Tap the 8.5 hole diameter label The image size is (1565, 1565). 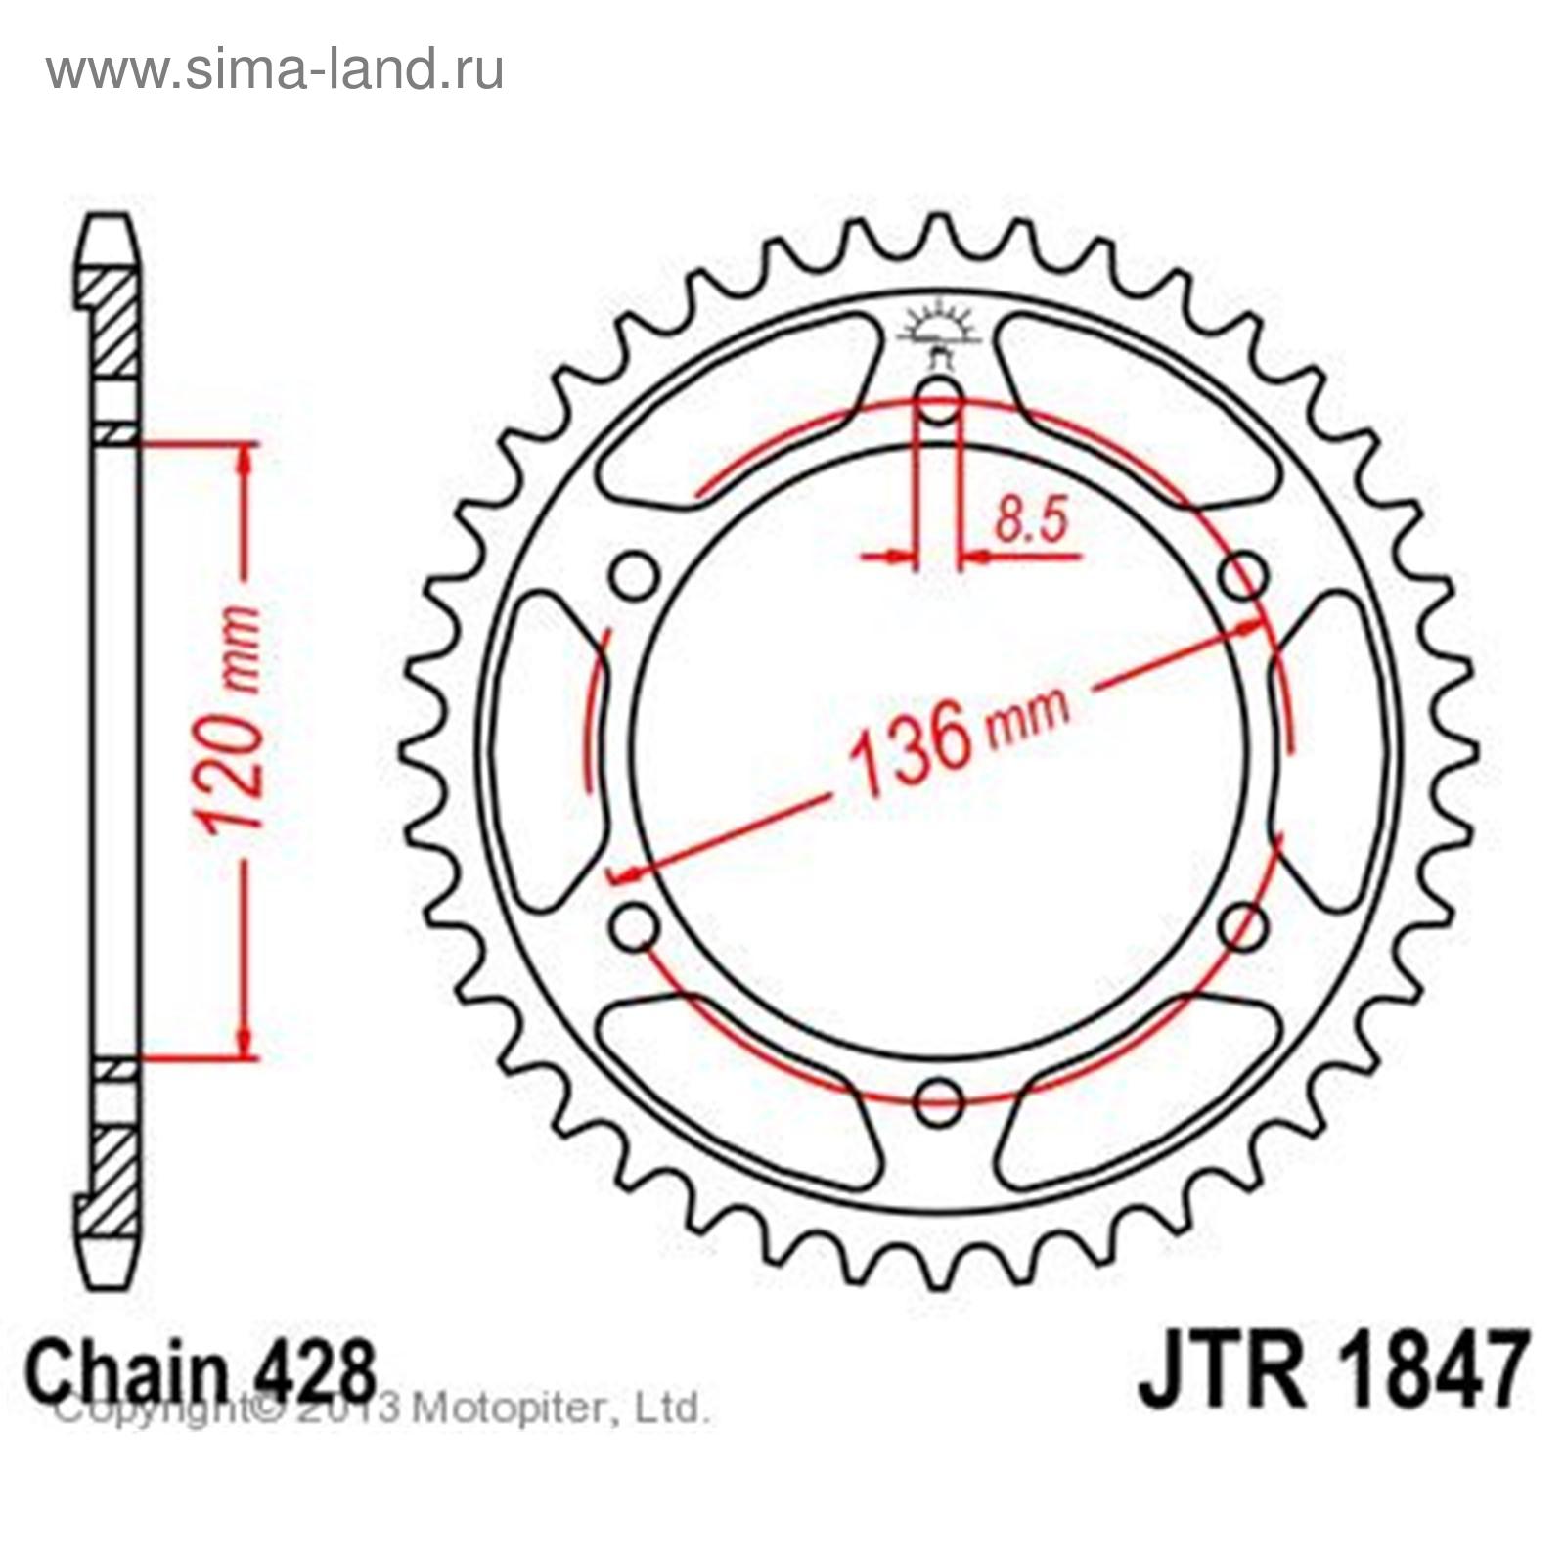click(1030, 520)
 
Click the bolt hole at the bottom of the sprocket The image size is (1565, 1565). click(939, 1103)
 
